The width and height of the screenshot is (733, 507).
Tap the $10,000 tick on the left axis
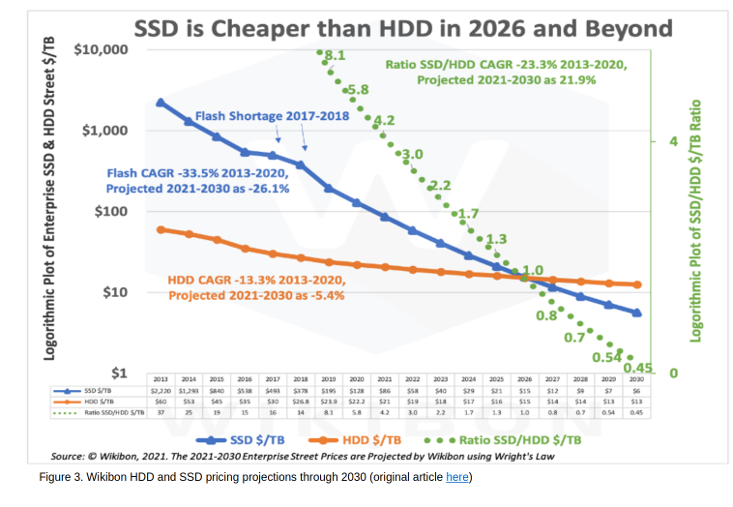[x=101, y=49]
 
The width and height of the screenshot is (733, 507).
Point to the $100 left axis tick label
[x=111, y=211]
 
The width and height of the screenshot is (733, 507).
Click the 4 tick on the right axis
[x=673, y=141]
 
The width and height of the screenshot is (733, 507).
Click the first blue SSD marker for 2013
[x=161, y=103]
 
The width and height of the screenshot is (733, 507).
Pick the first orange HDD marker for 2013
[x=161, y=229]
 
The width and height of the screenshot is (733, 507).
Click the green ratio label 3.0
[x=412, y=155]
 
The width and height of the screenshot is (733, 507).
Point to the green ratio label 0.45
[x=638, y=367]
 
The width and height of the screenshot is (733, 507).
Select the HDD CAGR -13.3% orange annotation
[x=256, y=287]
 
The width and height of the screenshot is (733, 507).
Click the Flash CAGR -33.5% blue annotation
[x=198, y=181]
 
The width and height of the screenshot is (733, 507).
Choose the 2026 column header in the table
[x=524, y=379]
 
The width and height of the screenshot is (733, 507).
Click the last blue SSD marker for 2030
[x=635, y=313]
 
